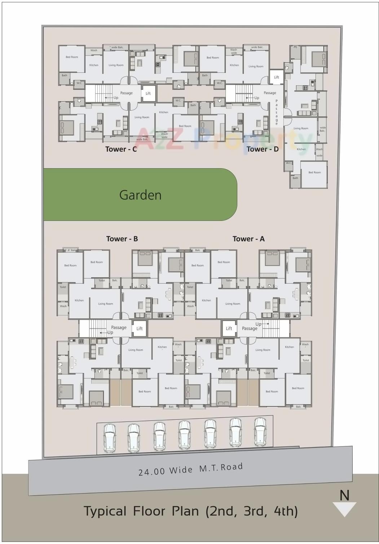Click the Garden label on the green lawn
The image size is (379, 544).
[x=140, y=195]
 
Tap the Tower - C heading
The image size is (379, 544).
[x=121, y=149]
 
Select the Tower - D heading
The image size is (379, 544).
[x=263, y=149]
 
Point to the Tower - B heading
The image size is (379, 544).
[x=122, y=239]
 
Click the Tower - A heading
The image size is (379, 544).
[x=248, y=239]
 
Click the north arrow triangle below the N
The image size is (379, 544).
[x=344, y=509]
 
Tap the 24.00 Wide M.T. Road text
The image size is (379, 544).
[x=190, y=469]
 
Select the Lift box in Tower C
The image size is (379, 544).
[x=148, y=93]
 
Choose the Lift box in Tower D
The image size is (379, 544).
[x=277, y=77]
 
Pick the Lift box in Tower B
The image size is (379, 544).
[x=140, y=329]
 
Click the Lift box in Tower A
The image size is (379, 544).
[x=229, y=328]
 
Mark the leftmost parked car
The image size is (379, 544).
[x=110, y=438]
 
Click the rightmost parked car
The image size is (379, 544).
[x=260, y=432]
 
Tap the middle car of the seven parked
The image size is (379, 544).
[x=185, y=435]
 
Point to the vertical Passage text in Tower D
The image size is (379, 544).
[x=277, y=112]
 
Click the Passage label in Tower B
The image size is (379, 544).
[x=119, y=327]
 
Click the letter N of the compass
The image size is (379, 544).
[x=344, y=496]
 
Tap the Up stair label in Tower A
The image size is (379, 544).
[x=259, y=324]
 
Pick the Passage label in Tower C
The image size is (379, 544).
[x=126, y=93]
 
